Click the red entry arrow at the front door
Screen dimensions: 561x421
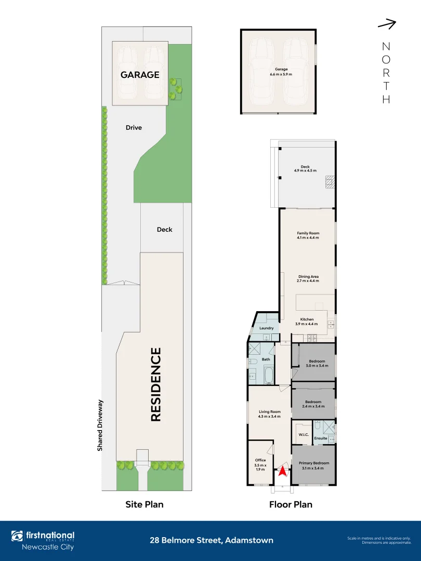[x=282, y=471]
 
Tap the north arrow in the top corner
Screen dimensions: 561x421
[x=387, y=24]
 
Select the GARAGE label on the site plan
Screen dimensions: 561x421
[x=140, y=75]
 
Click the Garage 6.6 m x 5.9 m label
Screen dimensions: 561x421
[x=281, y=72]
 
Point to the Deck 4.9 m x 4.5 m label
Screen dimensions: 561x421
[x=305, y=169]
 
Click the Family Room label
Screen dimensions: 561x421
[x=308, y=235]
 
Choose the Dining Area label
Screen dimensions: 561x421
[x=308, y=278]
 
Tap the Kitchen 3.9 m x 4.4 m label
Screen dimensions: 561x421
[x=307, y=322]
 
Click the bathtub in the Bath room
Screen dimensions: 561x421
[x=269, y=375]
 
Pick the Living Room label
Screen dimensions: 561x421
[x=269, y=413]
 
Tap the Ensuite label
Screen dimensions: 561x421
[x=321, y=438]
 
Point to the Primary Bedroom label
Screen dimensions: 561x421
[x=314, y=465]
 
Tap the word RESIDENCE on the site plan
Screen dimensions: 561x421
[x=156, y=384]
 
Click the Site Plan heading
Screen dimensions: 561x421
[x=144, y=504]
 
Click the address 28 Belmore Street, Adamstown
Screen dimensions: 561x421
[x=211, y=540]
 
